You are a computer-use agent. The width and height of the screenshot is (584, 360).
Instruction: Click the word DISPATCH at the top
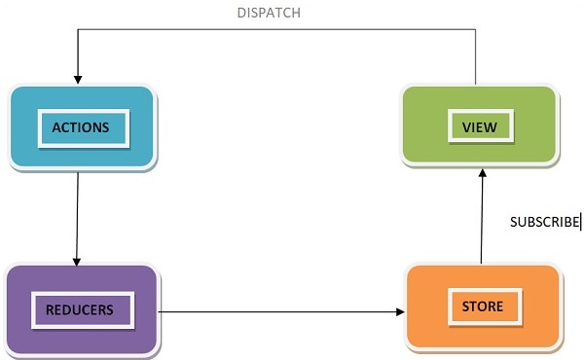coord(269,13)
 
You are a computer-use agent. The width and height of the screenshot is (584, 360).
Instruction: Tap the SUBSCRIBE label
coord(544,222)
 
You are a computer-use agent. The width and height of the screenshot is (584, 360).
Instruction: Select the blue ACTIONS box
coord(82,127)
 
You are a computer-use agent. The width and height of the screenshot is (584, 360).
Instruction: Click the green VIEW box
coord(479,125)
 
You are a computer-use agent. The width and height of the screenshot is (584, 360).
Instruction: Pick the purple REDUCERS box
coord(82,308)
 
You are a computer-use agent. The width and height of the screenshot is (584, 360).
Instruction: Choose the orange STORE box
coord(483,306)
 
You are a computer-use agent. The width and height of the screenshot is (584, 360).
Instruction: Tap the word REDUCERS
coord(80,310)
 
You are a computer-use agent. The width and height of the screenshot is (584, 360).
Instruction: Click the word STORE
coord(483,306)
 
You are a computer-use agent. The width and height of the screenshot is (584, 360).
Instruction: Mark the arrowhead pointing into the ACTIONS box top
coord(76,79)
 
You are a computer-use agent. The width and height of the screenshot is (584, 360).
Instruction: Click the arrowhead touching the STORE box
coord(400,312)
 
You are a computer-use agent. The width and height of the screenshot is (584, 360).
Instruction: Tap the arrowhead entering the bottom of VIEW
coord(481,173)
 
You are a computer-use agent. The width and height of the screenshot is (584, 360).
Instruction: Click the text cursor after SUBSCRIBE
coord(581,222)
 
